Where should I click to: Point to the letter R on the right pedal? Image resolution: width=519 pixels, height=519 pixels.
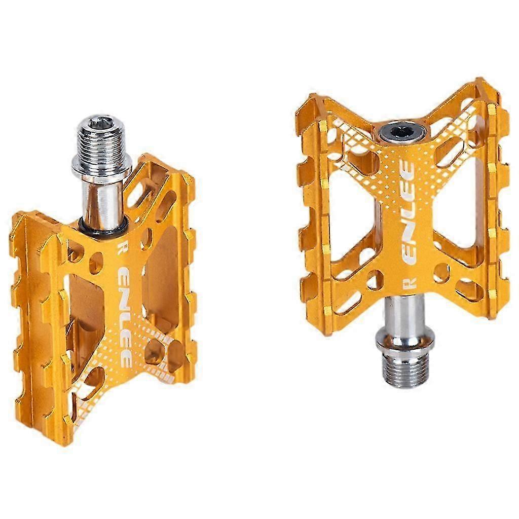pos(411,283)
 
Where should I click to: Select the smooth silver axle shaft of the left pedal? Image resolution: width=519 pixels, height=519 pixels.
pos(104,203)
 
